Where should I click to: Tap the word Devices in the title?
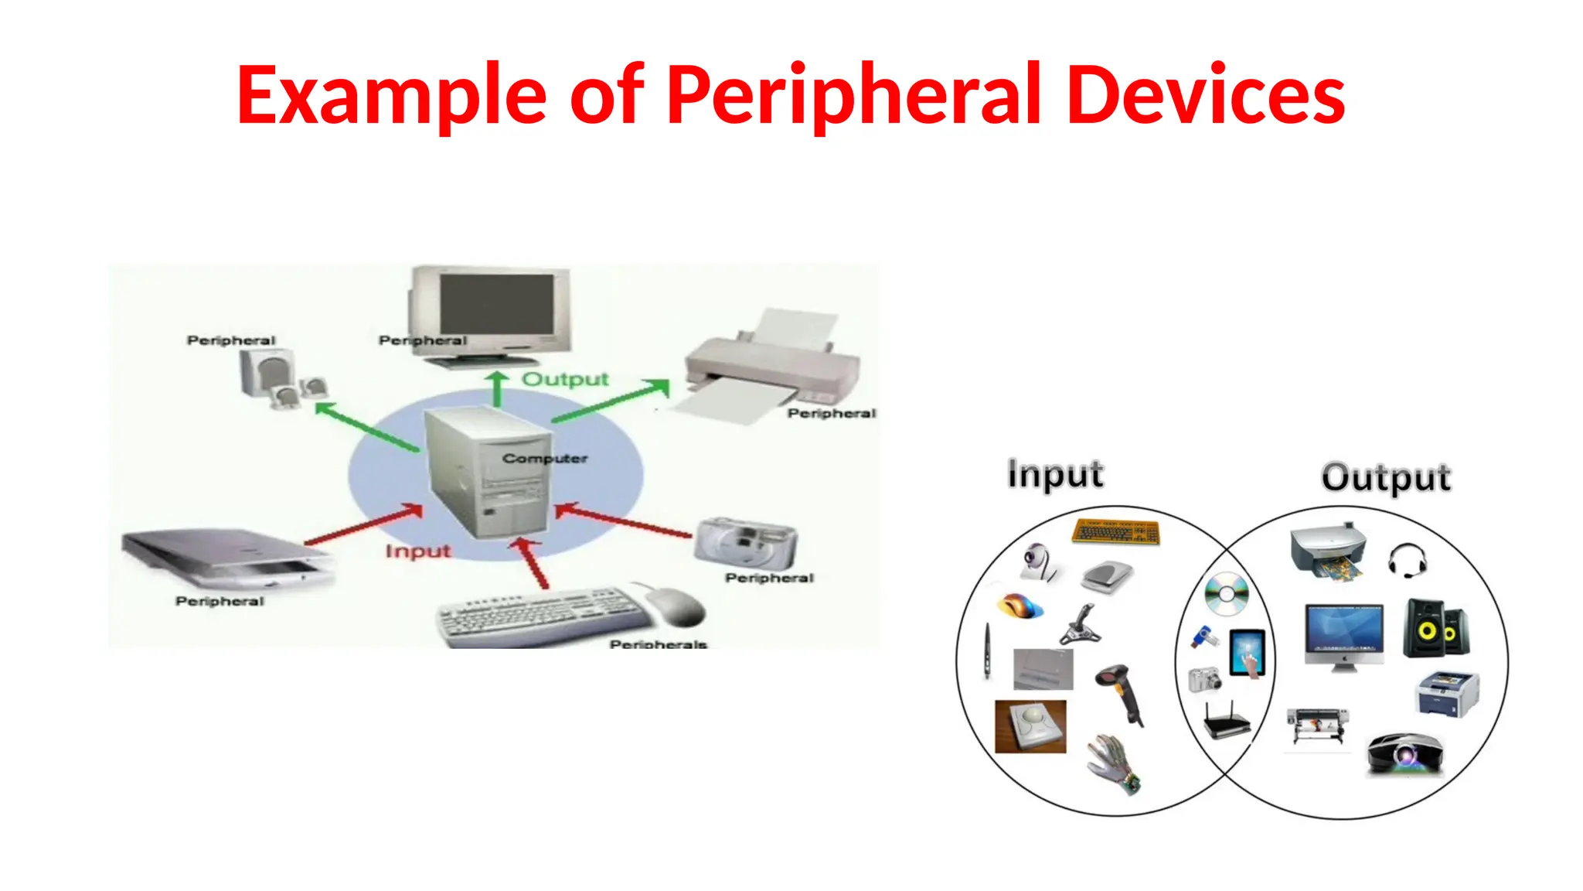coord(1205,95)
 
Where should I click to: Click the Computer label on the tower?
coord(544,458)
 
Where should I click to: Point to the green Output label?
coord(565,379)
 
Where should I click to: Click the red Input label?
coord(417,551)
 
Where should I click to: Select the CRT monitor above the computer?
coord(492,313)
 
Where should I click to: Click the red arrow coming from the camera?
coord(623,520)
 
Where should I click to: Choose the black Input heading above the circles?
coord(1055,474)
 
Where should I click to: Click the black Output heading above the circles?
coord(1386,477)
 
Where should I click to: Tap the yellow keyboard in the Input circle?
coord(1116,531)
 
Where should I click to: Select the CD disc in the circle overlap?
coord(1227,594)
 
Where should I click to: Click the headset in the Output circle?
coord(1408,560)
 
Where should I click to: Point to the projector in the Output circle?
coord(1405,753)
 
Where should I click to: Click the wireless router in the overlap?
coord(1227,721)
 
